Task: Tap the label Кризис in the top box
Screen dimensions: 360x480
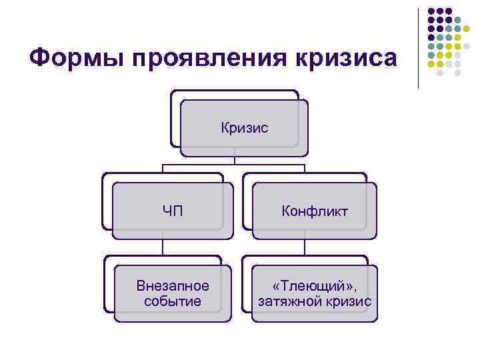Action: pyautogui.click(x=245, y=127)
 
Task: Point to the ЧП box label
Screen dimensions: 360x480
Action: pyautogui.click(x=173, y=211)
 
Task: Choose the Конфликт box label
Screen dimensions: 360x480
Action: pyautogui.click(x=315, y=211)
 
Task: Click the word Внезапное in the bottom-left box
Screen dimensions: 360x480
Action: pyautogui.click(x=173, y=286)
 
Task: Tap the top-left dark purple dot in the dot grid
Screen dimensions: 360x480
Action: pyautogui.click(x=431, y=12)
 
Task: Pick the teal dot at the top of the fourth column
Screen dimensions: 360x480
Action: pyautogui.click(x=458, y=21)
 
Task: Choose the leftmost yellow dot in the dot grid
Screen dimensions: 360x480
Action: pyautogui.click(x=431, y=64)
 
